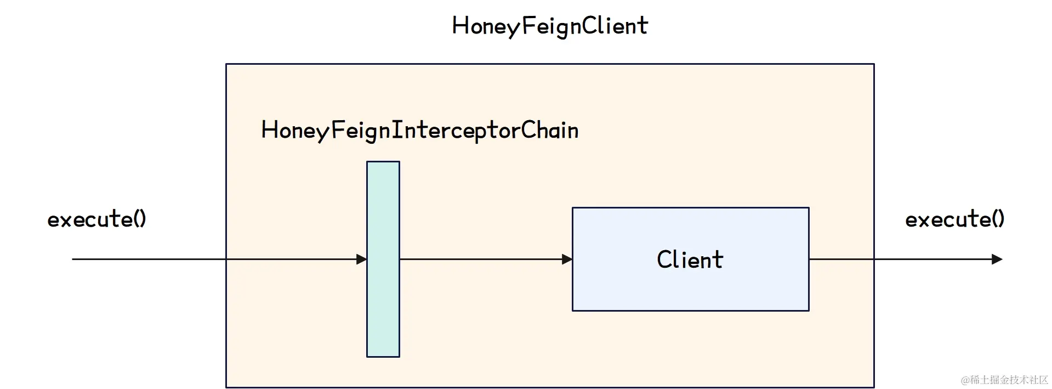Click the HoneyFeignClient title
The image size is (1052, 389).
point(550,26)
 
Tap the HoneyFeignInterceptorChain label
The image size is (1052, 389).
point(420,131)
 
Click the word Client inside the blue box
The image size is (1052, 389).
point(690,260)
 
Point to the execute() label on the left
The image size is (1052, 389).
point(96,219)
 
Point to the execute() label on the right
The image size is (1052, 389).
point(954,219)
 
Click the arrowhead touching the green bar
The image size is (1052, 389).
point(362,259)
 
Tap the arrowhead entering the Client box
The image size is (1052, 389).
point(567,259)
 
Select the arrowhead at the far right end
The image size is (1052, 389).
point(997,259)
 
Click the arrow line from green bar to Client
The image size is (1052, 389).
point(482,259)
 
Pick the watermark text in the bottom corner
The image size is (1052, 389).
point(1004,380)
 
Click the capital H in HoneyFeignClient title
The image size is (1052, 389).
point(459,26)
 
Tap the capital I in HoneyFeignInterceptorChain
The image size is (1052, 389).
point(399,130)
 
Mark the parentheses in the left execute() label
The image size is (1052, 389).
point(140,219)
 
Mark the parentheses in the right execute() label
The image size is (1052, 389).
point(999,219)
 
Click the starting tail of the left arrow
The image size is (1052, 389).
point(75,259)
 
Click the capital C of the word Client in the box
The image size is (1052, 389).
point(664,260)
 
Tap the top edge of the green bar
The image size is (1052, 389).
point(383,162)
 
